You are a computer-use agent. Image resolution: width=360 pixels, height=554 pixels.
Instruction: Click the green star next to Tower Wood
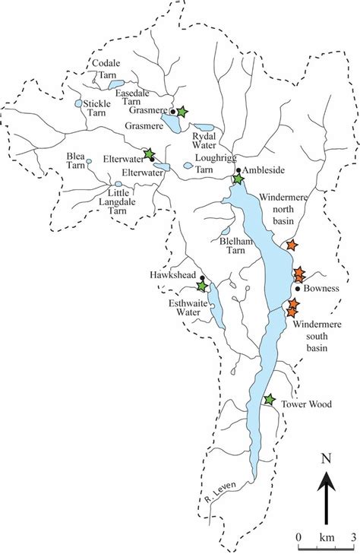(x=269, y=400)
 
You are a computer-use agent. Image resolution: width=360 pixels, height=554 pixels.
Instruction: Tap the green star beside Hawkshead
(x=202, y=286)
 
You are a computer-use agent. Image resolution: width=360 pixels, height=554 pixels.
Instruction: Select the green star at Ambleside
(x=238, y=179)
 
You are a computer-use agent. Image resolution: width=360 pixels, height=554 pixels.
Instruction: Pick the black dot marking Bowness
(x=298, y=289)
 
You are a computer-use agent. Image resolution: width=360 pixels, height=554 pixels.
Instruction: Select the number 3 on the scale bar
(x=353, y=538)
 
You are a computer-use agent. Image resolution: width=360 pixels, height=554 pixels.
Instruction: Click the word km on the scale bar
(x=326, y=538)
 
